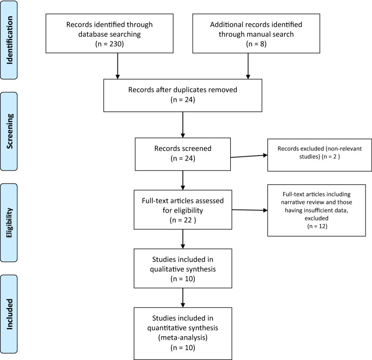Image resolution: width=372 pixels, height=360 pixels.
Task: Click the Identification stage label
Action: point(9,40)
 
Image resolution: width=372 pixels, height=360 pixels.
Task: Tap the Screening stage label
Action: point(9,131)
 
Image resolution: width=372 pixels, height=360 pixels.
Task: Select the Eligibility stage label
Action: point(9,223)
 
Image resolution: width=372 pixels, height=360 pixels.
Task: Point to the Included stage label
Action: point(9,314)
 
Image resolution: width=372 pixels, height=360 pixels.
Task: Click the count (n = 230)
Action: point(109,44)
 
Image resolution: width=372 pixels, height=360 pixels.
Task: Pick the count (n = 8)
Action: point(256,44)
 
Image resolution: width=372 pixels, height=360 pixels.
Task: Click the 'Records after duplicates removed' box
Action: point(183,96)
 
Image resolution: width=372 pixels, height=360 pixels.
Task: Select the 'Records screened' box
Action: point(183,154)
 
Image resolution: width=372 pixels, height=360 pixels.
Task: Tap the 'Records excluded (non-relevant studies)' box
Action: point(319,155)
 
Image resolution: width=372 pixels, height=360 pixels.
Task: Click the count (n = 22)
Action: point(183,220)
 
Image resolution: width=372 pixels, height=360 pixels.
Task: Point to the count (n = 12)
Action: point(317,226)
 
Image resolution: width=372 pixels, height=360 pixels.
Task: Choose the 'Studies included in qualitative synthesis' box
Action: point(183,268)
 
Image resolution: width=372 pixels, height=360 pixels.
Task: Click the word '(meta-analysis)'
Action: point(183,338)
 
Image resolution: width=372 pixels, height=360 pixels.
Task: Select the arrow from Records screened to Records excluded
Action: point(249,156)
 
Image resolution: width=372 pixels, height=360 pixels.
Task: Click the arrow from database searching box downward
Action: point(117,66)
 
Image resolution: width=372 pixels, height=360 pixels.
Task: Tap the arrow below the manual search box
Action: point(248,66)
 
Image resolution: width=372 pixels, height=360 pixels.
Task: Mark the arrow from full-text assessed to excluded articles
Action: point(250,210)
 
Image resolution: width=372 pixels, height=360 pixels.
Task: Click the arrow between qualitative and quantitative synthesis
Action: point(183,298)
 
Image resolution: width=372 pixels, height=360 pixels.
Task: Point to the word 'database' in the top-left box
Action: point(93,34)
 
